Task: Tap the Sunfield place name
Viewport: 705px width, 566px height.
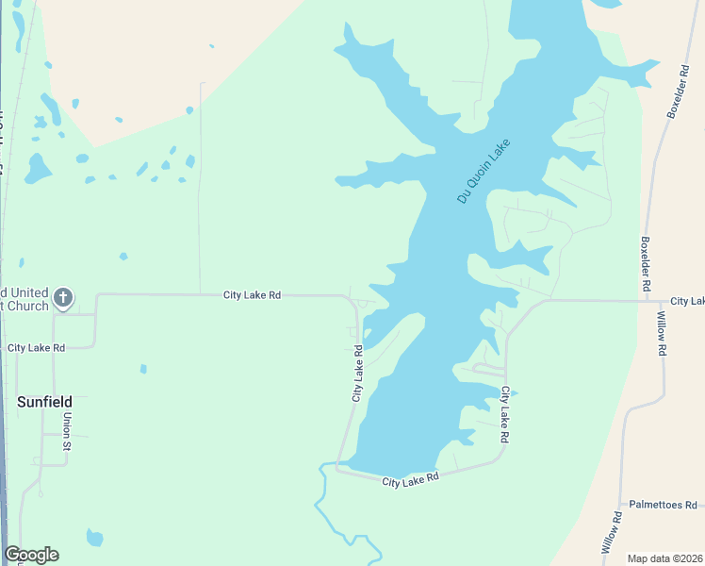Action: click(x=45, y=401)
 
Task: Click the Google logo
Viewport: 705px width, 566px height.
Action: click(x=31, y=555)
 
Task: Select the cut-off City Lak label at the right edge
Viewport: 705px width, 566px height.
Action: click(x=687, y=301)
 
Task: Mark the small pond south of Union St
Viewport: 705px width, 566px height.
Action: click(x=94, y=539)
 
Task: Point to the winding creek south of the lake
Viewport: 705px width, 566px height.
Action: click(x=325, y=509)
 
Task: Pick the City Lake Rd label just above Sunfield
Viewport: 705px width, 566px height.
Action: click(x=36, y=348)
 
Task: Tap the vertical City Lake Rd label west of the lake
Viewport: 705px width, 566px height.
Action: click(x=358, y=374)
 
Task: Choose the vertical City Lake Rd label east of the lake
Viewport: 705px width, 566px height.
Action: click(x=506, y=415)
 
